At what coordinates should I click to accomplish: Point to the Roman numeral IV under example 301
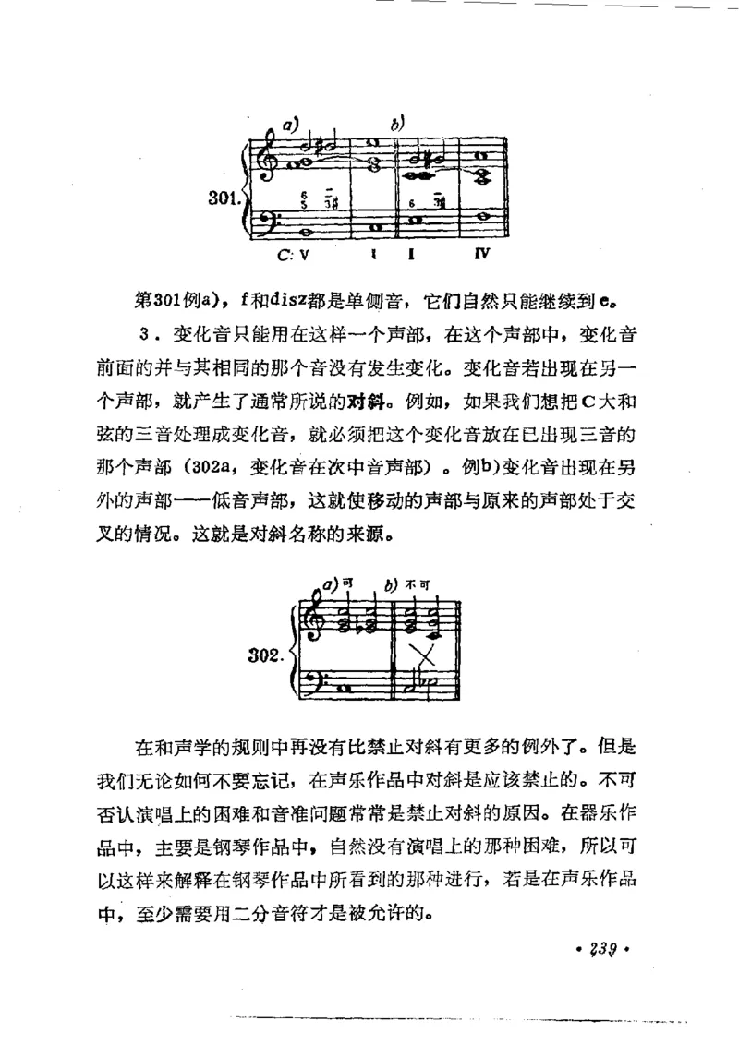[x=480, y=250]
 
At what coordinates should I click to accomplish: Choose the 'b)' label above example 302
[x=392, y=583]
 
